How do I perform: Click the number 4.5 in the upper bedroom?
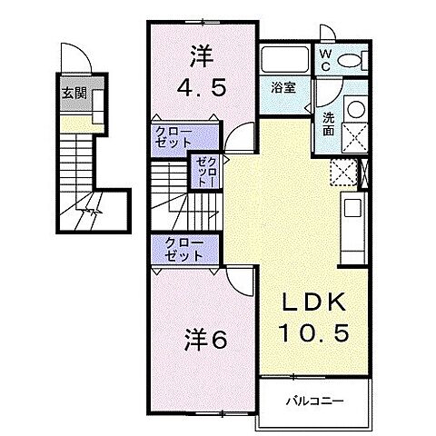pyautogui.click(x=198, y=89)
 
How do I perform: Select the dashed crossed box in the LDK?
pyautogui.click(x=343, y=172)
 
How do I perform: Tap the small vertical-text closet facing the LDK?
pyautogui.click(x=203, y=171)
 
